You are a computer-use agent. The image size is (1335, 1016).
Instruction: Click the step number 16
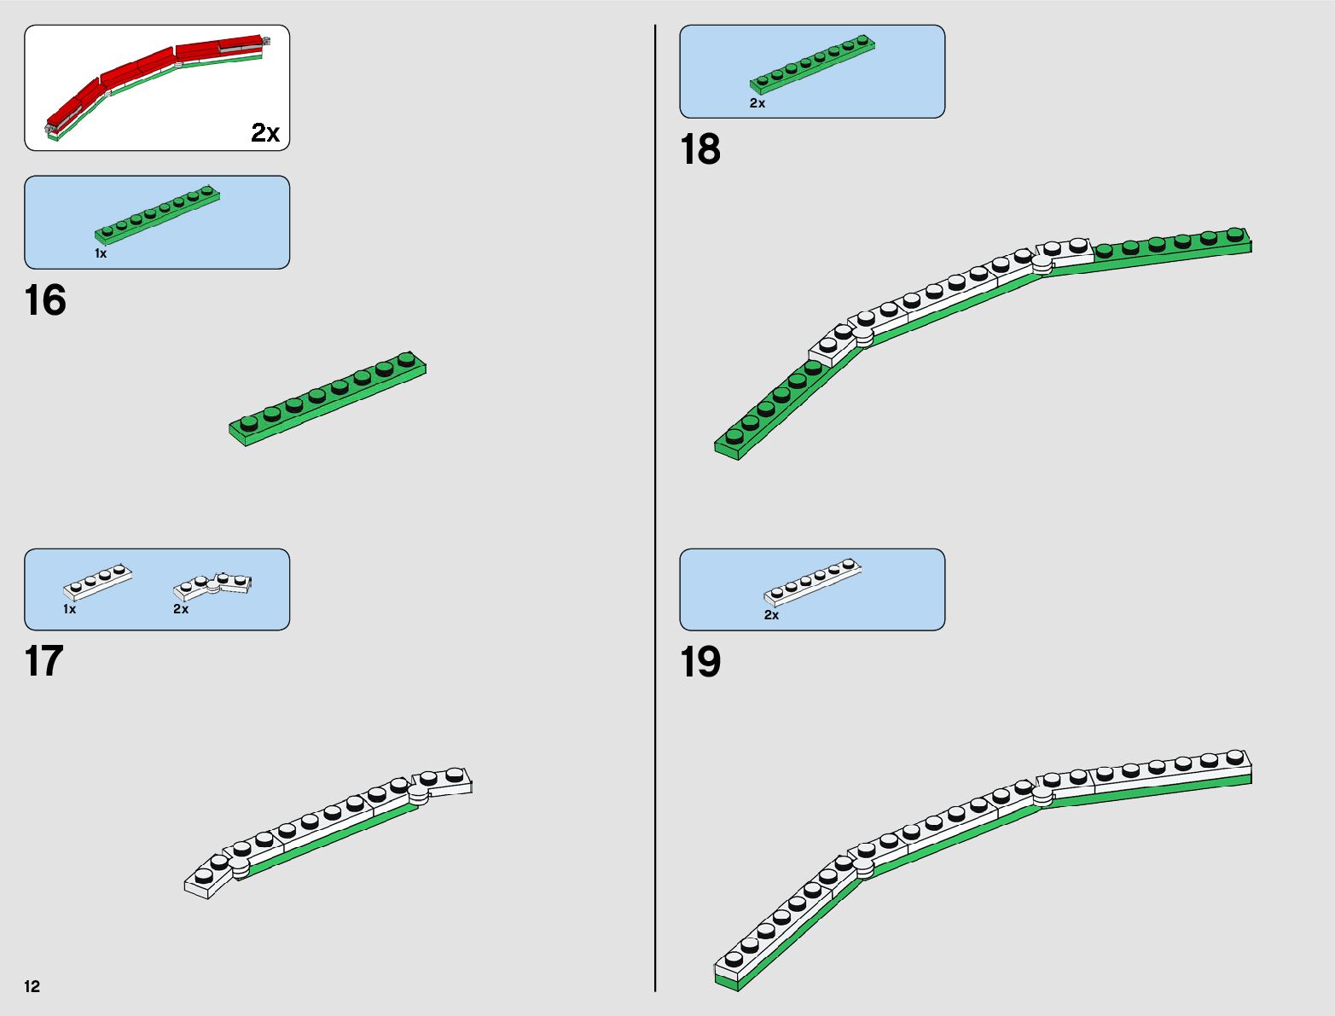coord(45,301)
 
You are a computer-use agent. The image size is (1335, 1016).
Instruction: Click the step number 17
coord(44,662)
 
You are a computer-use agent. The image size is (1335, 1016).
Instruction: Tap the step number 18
coord(699,150)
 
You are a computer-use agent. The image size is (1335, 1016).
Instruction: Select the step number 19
coord(699,663)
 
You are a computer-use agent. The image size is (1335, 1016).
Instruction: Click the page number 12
coord(32,986)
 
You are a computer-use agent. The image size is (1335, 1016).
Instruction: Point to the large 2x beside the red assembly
coord(265,133)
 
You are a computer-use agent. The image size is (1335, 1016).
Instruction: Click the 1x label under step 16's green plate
coord(101,253)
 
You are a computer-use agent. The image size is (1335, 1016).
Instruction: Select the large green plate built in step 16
coord(328,398)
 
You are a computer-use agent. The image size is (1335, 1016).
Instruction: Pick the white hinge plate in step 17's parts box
coord(212,584)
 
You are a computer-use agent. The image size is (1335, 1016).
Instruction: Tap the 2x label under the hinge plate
coord(181,609)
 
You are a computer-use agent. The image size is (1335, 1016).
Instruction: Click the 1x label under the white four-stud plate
coord(69,609)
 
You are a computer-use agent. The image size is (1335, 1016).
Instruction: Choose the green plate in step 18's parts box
coord(812,64)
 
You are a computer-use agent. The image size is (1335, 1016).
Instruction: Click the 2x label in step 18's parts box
coord(757,103)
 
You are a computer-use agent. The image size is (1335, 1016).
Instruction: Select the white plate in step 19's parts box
coord(812,582)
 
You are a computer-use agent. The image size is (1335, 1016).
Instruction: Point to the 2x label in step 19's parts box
coord(771,615)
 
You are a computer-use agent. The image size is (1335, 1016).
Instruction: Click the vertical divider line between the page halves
coord(655,512)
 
